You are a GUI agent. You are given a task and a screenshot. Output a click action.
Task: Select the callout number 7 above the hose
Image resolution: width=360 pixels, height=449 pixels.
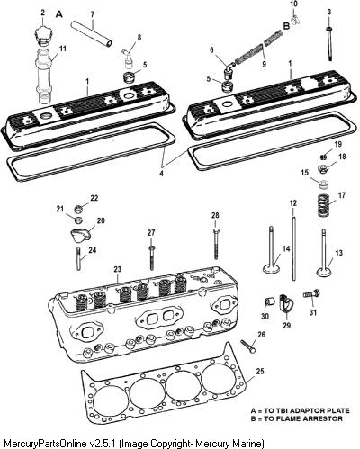pyautogui.click(x=93, y=13)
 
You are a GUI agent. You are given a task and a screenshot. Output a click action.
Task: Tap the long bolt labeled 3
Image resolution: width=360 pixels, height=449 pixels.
pyautogui.click(x=329, y=44)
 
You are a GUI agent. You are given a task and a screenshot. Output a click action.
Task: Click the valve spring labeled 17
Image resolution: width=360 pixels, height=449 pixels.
pyautogui.click(x=323, y=205)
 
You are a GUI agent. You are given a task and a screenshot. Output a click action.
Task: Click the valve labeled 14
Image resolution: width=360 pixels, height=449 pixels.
pyautogui.click(x=271, y=249)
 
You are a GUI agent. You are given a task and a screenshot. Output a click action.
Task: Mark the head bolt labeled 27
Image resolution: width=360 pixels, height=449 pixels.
pyautogui.click(x=152, y=257)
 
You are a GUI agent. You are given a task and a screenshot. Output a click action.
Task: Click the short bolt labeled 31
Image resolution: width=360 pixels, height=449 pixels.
pyautogui.click(x=312, y=294)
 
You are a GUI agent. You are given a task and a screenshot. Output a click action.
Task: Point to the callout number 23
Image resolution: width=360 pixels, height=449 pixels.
pyautogui.click(x=117, y=270)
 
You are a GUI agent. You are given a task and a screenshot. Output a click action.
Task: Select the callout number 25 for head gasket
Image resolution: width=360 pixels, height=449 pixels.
pyautogui.click(x=260, y=372)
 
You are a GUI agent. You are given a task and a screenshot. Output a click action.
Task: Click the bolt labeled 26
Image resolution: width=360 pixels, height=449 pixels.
pyautogui.click(x=248, y=346)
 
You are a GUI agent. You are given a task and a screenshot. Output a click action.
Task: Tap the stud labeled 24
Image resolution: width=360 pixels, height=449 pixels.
pyautogui.click(x=79, y=258)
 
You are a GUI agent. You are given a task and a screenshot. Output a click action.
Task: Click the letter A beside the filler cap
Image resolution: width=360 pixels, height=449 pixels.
pyautogui.click(x=59, y=14)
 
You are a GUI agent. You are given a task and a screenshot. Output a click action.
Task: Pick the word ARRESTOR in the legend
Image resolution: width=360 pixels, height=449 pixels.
pyautogui.click(x=323, y=418)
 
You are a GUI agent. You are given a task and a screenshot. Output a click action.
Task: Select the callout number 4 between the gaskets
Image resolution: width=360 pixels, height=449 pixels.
pyautogui.click(x=162, y=174)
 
